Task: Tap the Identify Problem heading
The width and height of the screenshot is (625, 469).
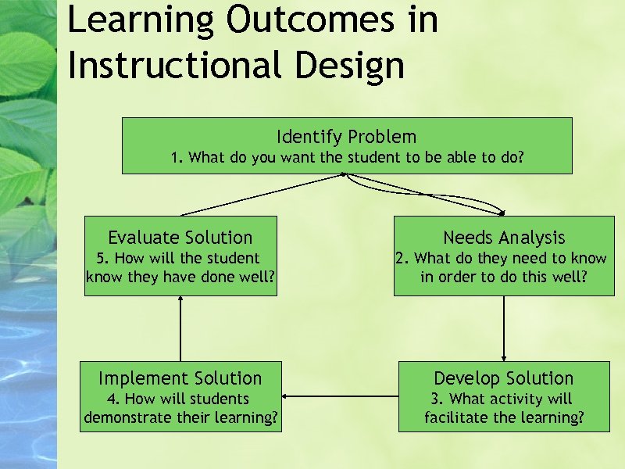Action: pyautogui.click(x=347, y=137)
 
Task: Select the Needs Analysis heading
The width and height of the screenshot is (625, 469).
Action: pyautogui.click(x=504, y=238)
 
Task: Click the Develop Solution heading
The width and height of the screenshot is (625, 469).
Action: pyautogui.click(x=504, y=378)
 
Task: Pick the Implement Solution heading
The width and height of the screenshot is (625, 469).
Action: pyautogui.click(x=180, y=378)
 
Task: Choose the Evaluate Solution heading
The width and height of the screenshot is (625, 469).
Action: pyautogui.click(x=180, y=238)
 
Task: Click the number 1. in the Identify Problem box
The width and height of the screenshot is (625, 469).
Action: pyautogui.click(x=177, y=157)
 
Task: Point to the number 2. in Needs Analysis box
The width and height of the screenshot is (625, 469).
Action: pyautogui.click(x=402, y=258)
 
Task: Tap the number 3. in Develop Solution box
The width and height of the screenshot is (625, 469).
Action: pyautogui.click(x=437, y=399)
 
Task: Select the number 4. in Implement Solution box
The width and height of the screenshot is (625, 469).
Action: pyautogui.click(x=112, y=399)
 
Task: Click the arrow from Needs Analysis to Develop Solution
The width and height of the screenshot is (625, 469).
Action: pyautogui.click(x=504, y=328)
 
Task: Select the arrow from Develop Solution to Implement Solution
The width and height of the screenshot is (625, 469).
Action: pyautogui.click(x=340, y=396)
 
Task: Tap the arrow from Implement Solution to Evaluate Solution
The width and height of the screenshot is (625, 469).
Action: pyautogui.click(x=180, y=328)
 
